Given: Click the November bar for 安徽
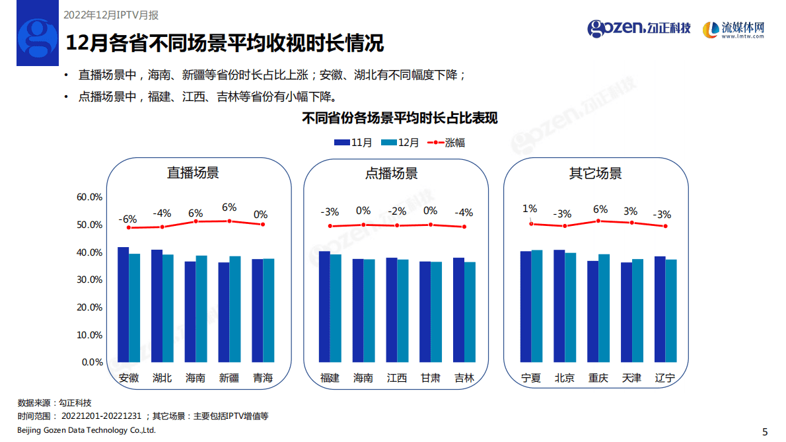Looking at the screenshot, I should click(x=123, y=305).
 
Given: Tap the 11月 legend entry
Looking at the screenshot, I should click(x=353, y=143).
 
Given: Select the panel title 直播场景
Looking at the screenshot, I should click(x=193, y=174).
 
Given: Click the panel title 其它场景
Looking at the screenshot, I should click(x=595, y=174).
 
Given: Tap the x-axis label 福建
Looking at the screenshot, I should click(x=330, y=379).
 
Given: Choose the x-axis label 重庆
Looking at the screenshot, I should click(x=598, y=379).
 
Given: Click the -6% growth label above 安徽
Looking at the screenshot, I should click(x=127, y=219).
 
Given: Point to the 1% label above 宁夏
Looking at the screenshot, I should click(x=530, y=209).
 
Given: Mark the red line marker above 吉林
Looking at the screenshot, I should click(x=464, y=227).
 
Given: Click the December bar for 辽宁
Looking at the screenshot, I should click(x=671, y=311).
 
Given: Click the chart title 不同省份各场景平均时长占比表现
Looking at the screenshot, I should click(x=400, y=119).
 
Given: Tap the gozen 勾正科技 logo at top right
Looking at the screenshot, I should click(x=639, y=28).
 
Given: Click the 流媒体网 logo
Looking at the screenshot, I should click(x=733, y=29).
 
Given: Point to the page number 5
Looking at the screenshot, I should click(x=765, y=432).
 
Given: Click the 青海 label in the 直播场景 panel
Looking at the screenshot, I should click(x=263, y=379).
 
